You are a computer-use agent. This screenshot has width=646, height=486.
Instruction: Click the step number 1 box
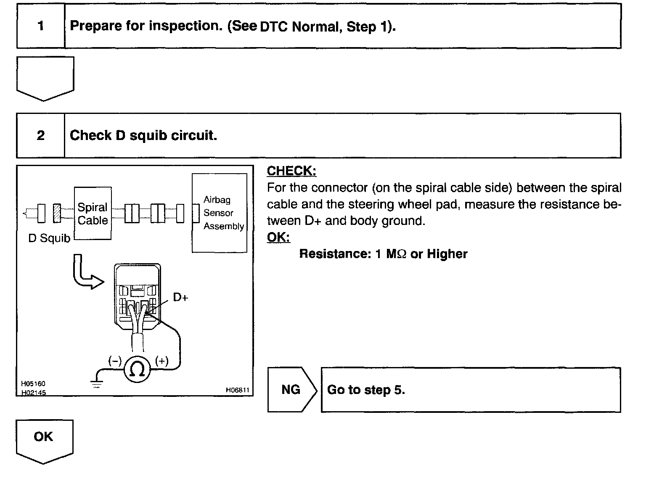(40, 26)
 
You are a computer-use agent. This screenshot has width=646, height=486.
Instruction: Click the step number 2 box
(40, 135)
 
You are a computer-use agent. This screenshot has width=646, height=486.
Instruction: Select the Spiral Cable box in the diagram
(93, 214)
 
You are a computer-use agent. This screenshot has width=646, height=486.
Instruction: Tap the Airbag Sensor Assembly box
(219, 213)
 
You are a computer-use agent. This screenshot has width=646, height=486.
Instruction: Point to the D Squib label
(49, 238)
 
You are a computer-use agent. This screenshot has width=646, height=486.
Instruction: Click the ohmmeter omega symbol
(137, 370)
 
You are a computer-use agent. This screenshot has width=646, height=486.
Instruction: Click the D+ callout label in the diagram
(180, 297)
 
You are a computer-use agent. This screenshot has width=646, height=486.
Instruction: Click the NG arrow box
(291, 390)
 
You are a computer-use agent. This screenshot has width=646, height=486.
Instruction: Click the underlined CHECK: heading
(291, 171)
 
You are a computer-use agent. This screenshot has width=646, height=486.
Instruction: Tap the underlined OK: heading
(278, 237)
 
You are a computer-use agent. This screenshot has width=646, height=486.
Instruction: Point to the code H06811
(237, 390)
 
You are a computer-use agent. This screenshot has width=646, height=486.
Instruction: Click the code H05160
(33, 384)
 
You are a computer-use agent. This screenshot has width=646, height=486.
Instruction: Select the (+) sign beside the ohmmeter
(161, 361)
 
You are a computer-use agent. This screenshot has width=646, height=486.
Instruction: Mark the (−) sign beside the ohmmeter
(115, 361)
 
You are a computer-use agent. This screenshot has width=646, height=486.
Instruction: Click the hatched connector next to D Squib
(57, 213)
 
